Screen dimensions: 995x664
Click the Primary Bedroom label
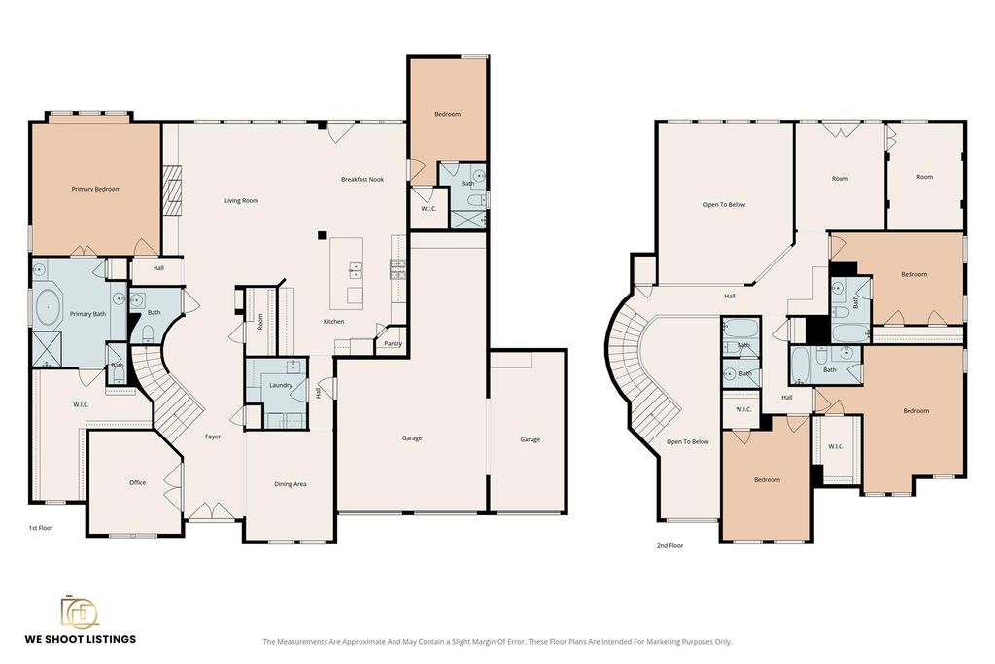(96, 189)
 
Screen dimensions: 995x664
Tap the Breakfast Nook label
(362, 179)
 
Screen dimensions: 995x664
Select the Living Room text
(241, 200)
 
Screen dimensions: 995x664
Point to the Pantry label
(393, 343)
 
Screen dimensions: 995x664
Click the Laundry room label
(281, 385)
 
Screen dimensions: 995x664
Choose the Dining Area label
(290, 484)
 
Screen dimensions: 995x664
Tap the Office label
(138, 482)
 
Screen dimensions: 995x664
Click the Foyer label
(213, 437)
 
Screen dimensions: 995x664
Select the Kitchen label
(334, 321)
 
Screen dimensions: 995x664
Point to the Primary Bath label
(87, 314)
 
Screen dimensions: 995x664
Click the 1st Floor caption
(41, 528)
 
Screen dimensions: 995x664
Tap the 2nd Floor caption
(669, 545)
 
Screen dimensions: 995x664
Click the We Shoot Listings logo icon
(80, 612)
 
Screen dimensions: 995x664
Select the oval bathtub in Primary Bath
(48, 310)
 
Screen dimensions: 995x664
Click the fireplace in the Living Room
(172, 191)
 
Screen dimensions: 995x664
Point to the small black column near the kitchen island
(323, 235)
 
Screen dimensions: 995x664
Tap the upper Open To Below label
(724, 204)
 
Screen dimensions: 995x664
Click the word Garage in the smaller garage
(530, 439)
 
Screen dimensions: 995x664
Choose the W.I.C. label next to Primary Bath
(81, 404)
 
